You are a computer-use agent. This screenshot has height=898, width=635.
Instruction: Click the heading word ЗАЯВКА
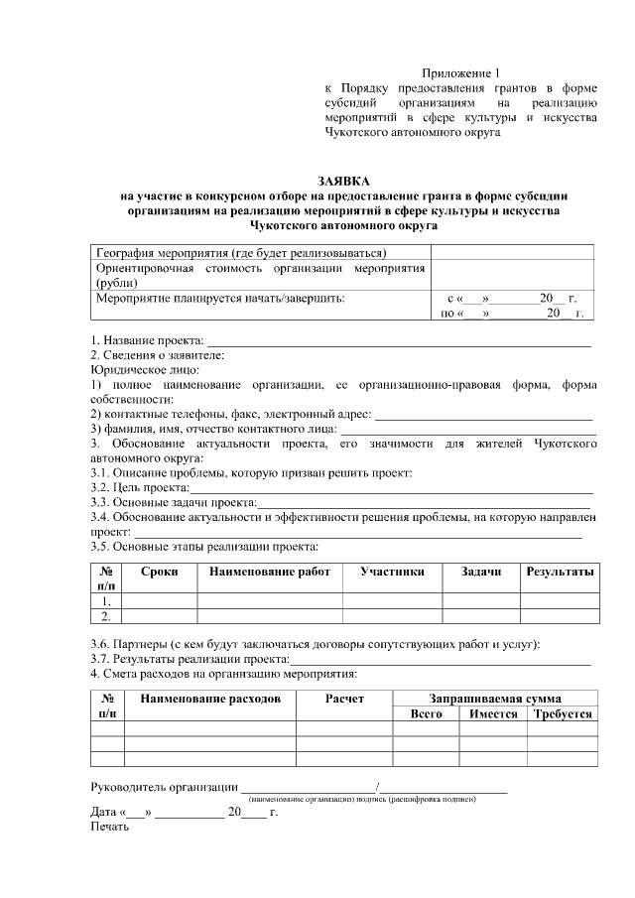(x=343, y=182)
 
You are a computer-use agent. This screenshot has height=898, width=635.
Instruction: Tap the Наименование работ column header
(x=269, y=572)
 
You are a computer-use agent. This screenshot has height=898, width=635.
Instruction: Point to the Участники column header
(x=392, y=572)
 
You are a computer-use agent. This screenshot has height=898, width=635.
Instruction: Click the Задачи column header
(x=481, y=572)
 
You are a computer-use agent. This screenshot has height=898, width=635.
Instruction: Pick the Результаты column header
(x=560, y=572)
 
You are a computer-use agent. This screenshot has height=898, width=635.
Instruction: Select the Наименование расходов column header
(x=209, y=699)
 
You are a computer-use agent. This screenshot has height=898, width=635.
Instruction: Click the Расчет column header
(x=344, y=699)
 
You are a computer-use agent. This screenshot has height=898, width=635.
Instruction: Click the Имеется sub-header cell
(x=493, y=713)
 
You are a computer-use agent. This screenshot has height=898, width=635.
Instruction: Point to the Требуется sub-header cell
(x=562, y=713)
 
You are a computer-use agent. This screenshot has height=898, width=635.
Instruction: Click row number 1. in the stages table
(x=105, y=600)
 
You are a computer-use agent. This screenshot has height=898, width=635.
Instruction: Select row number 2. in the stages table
(x=105, y=615)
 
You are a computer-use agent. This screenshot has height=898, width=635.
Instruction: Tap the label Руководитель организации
(x=164, y=788)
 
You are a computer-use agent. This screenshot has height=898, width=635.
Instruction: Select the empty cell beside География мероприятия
(x=512, y=252)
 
